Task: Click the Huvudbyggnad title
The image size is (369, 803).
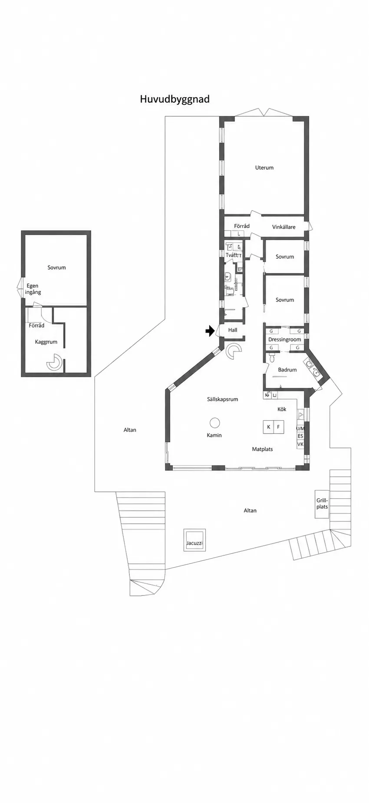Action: pyautogui.click(x=175, y=99)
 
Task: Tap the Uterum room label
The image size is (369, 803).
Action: pyautogui.click(x=264, y=168)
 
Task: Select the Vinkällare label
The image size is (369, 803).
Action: pyautogui.click(x=284, y=227)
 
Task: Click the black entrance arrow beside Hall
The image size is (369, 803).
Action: pyautogui.click(x=210, y=331)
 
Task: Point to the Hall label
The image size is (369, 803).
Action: pyautogui.click(x=233, y=330)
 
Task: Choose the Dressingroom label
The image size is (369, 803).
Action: pyautogui.click(x=285, y=339)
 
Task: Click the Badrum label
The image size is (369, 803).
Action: pyautogui.click(x=287, y=370)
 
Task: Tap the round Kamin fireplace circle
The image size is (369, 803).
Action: pyautogui.click(x=214, y=422)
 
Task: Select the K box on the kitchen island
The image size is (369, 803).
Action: pyautogui.click(x=269, y=427)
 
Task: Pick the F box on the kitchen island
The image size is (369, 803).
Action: pyautogui.click(x=279, y=427)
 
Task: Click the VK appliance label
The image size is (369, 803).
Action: pyautogui.click(x=300, y=444)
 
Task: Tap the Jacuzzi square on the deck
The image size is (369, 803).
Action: pyautogui.click(x=194, y=540)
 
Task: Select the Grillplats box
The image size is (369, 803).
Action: pyautogui.click(x=322, y=504)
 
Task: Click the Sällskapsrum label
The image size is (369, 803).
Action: pyautogui.click(x=222, y=399)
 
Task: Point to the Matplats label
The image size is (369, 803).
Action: pyautogui.click(x=263, y=449)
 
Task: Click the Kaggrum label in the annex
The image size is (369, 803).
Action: pyautogui.click(x=46, y=342)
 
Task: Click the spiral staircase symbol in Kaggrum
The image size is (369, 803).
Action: pyautogui.click(x=55, y=362)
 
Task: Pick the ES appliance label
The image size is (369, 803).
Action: pyautogui.click(x=300, y=436)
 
